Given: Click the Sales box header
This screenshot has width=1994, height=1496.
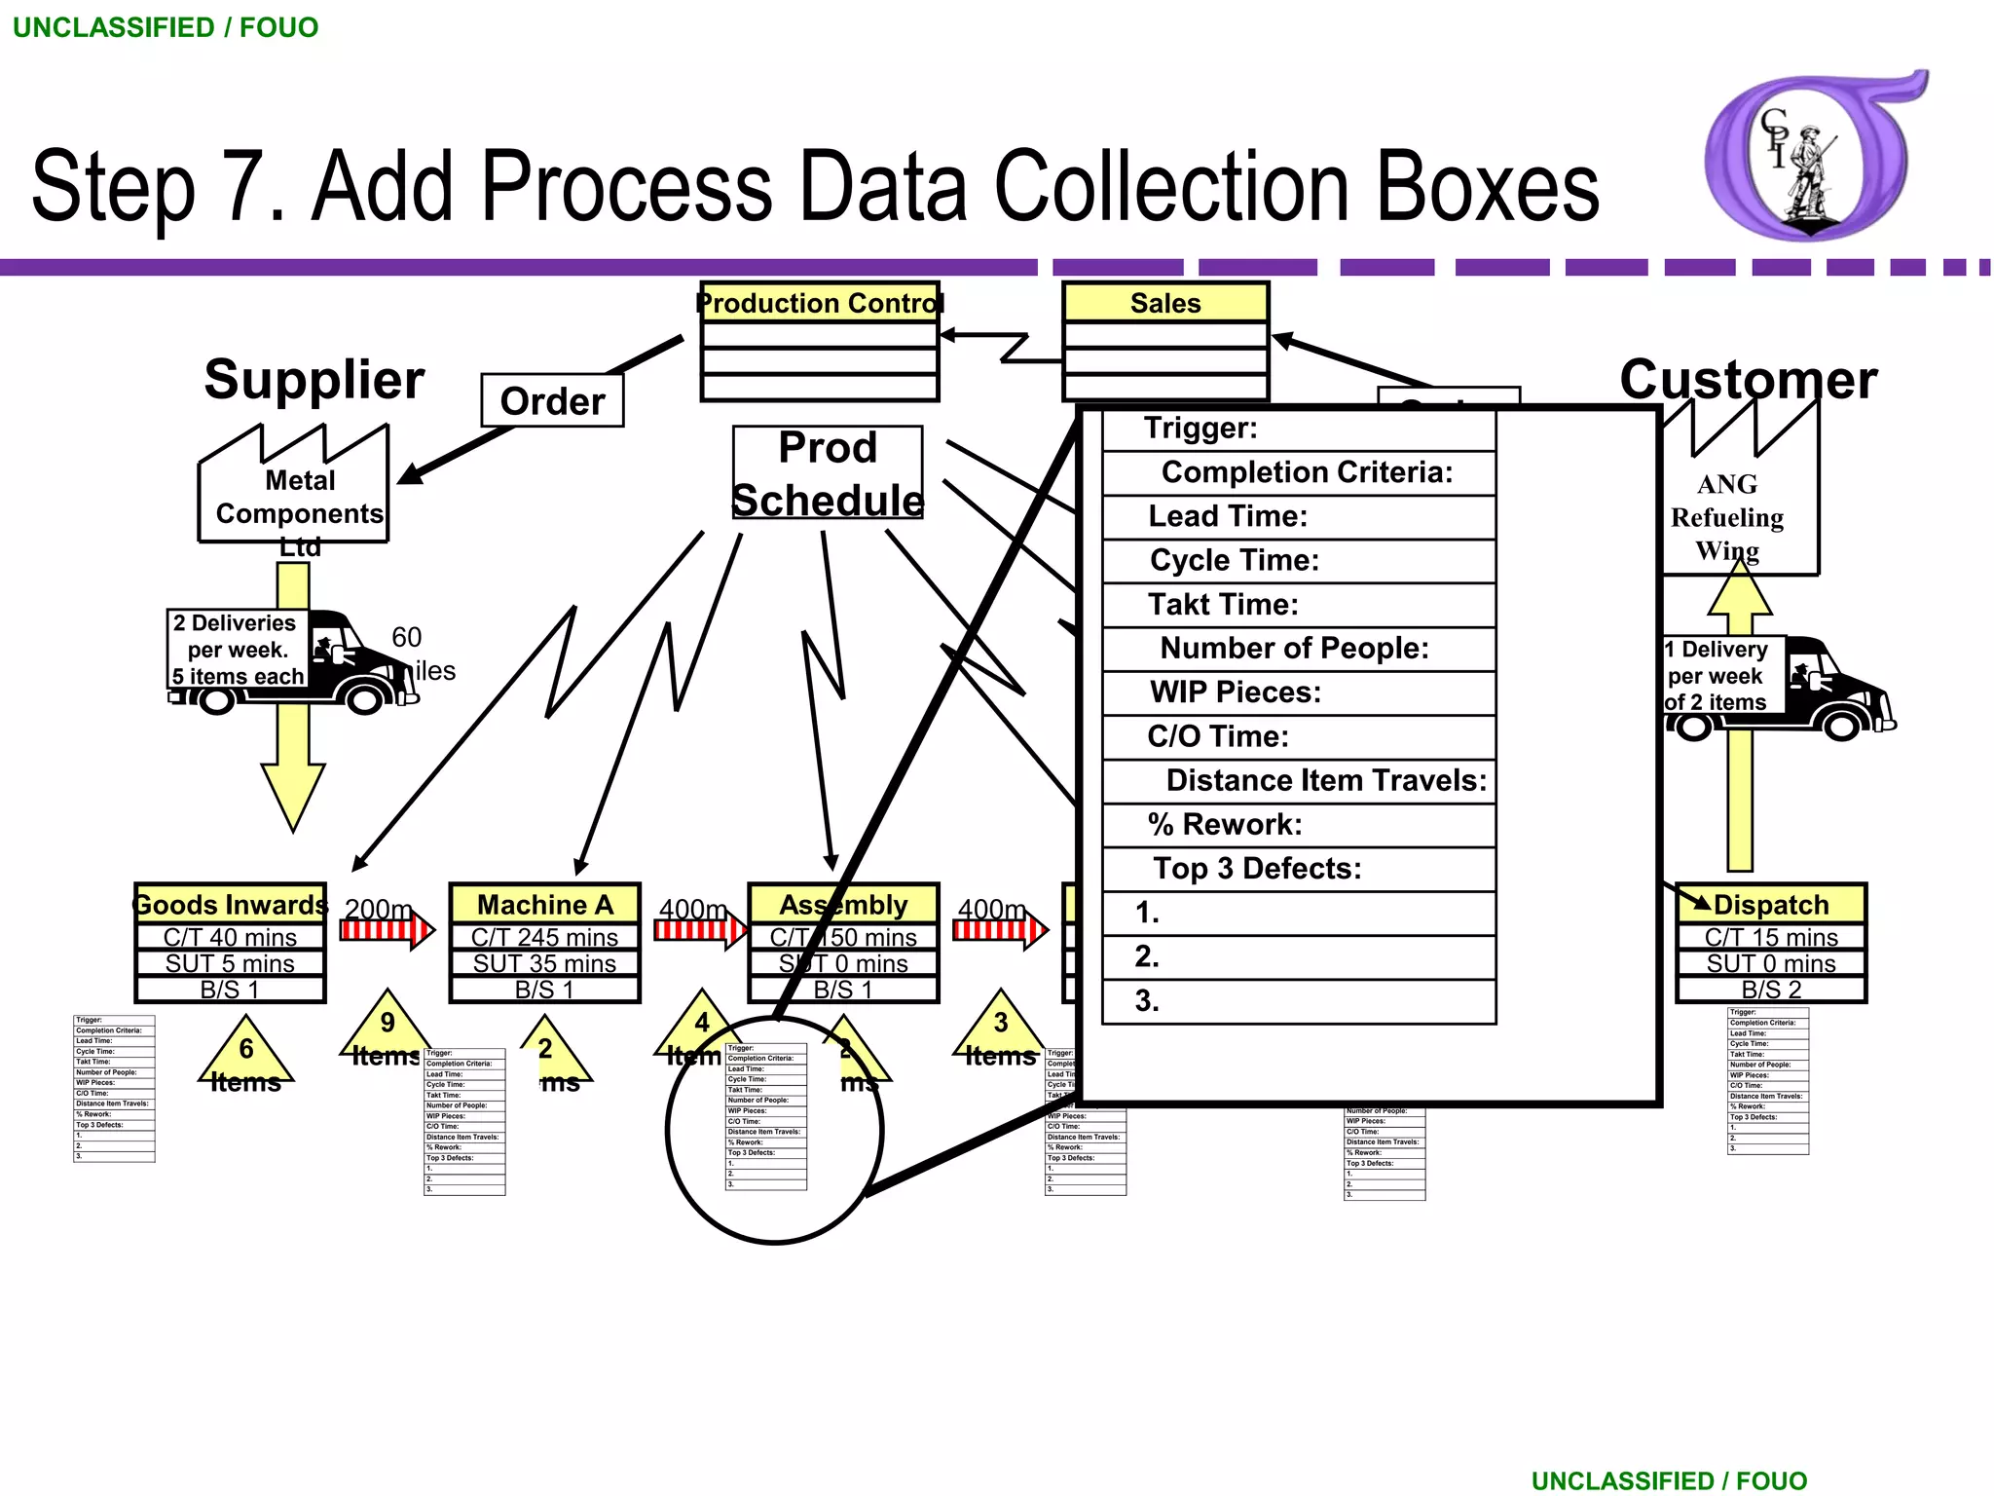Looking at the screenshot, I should coord(1165,303).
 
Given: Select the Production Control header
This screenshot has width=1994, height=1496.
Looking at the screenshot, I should coord(819,303).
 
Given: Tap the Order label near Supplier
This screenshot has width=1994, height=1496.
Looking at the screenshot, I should coord(552,401).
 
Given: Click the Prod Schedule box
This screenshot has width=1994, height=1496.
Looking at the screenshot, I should coord(828,473).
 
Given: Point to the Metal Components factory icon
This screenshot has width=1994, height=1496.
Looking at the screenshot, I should coord(293,487).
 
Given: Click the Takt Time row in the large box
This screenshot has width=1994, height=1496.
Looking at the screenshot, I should coord(1298,605).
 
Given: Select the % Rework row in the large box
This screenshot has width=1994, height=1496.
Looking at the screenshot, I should coord(1298,825).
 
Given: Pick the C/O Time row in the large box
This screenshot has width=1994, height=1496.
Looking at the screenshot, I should coord(1298,736).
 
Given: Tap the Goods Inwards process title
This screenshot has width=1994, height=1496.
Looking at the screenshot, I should coord(230,905).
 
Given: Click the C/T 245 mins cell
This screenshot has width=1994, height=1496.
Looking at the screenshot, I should coord(544,937).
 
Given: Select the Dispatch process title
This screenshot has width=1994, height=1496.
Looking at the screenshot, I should coord(1770,905).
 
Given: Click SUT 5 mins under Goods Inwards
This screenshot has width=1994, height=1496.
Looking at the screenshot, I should coord(230,963).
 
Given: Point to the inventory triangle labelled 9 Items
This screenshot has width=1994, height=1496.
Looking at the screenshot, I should coord(387,1030).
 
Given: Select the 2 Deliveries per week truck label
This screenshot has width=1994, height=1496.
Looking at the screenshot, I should coord(238,650).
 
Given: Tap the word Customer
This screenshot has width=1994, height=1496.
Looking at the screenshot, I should coord(1748,380).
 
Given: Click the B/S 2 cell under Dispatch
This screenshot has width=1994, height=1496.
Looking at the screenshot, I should coord(1770,990).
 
